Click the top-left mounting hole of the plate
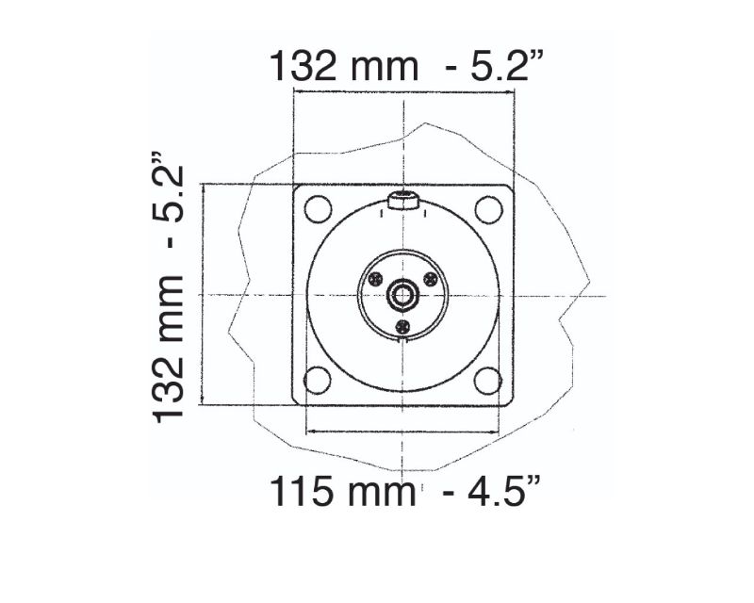[x=318, y=209]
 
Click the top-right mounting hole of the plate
[x=488, y=209]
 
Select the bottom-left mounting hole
[x=318, y=380]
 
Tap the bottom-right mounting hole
[x=487, y=380]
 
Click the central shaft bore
[x=403, y=295]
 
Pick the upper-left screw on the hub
[x=375, y=279]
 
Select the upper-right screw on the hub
[x=431, y=279]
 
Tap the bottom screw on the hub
[x=402, y=327]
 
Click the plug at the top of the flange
[x=403, y=201]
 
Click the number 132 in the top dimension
[x=303, y=66]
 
